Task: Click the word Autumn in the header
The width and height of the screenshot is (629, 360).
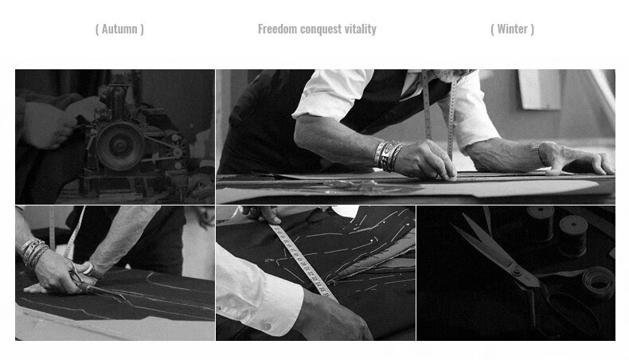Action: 119,29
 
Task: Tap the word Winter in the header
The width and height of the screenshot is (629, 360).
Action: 512,29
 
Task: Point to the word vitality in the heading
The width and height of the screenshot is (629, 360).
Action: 361,29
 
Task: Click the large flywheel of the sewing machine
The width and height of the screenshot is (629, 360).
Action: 119,146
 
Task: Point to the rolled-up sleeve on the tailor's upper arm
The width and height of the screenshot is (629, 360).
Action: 333,94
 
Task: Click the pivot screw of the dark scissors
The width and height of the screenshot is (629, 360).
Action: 517,272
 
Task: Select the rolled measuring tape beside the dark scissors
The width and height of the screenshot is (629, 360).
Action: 598,282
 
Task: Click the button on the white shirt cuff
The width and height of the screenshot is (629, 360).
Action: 266,327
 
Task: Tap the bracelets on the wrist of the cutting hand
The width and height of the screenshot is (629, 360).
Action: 33,251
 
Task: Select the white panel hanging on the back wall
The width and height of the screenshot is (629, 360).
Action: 540,89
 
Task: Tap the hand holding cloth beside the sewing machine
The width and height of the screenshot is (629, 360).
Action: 50,125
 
